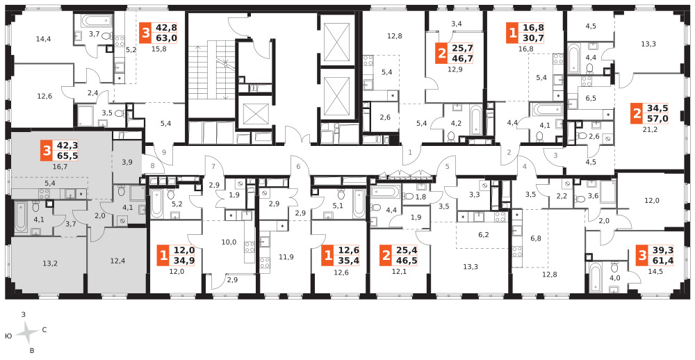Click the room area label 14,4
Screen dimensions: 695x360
tap(43, 39)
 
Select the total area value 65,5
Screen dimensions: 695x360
tap(66, 156)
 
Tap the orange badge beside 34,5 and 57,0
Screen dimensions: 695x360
tap(637, 114)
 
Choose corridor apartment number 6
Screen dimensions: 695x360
tap(298, 167)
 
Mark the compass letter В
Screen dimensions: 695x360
tap(31, 351)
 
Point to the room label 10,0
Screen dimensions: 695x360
tap(229, 242)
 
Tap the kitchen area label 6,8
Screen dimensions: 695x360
tap(535, 238)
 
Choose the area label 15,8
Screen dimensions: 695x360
tap(158, 49)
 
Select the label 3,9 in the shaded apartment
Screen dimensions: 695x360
tap(126, 161)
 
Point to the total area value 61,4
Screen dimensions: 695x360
tap(660, 260)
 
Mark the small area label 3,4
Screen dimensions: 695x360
tap(456, 24)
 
